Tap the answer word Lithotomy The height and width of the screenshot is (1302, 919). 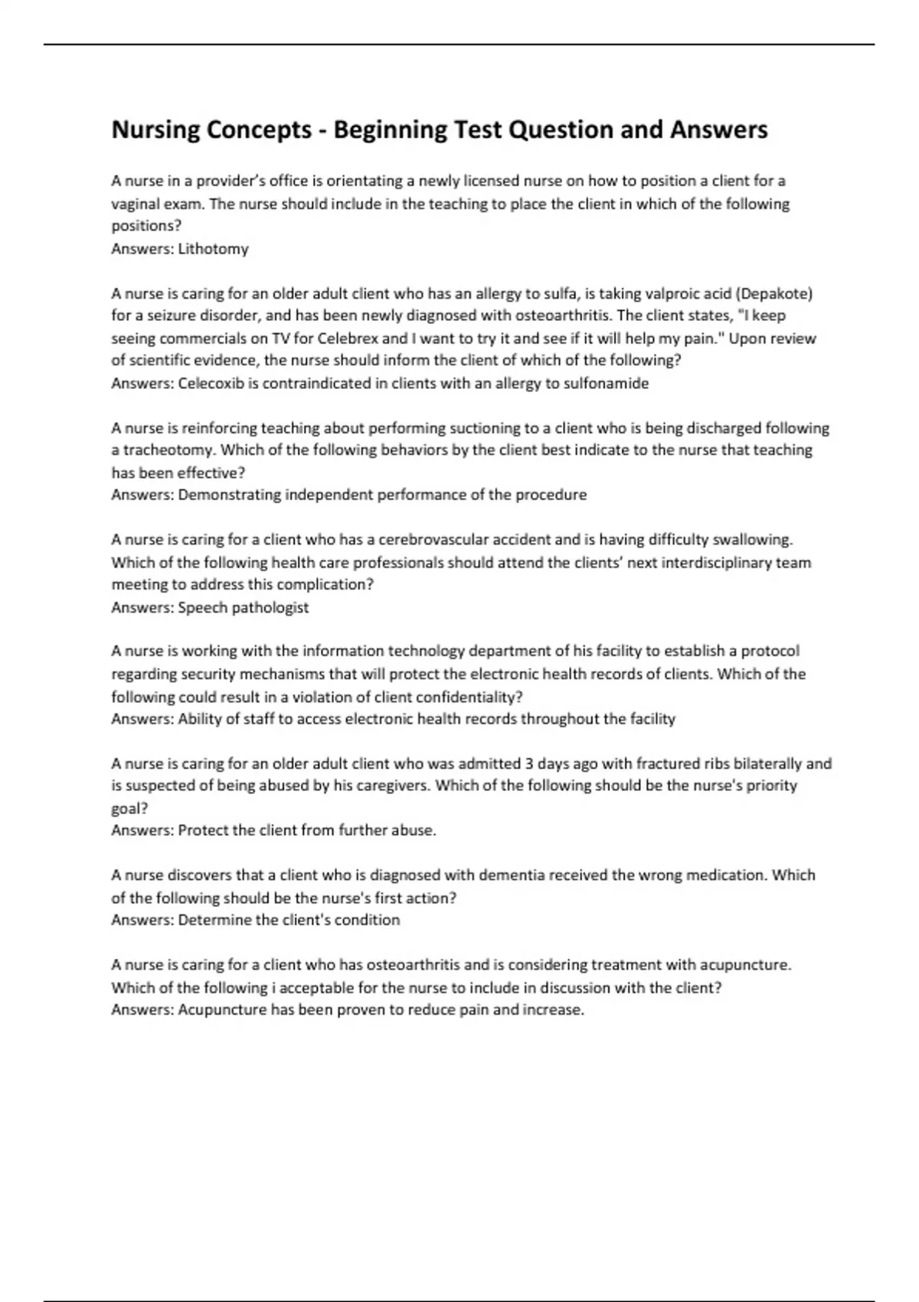213,249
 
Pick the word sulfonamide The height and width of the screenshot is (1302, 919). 606,384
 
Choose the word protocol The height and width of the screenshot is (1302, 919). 764,651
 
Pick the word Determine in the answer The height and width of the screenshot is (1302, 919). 214,920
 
